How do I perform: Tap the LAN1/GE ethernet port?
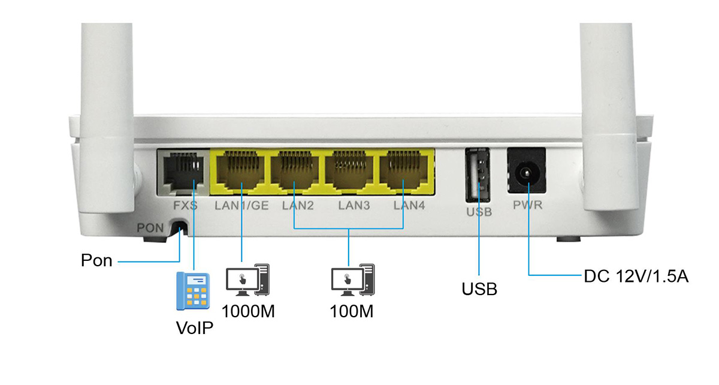[x=241, y=170]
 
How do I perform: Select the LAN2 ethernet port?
[x=295, y=170]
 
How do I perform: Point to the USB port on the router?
[x=478, y=175]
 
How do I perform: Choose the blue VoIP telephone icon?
[x=193, y=291]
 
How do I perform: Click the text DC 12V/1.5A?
[x=636, y=276]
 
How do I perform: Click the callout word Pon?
[x=97, y=261]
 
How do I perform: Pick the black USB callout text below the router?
[x=479, y=289]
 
